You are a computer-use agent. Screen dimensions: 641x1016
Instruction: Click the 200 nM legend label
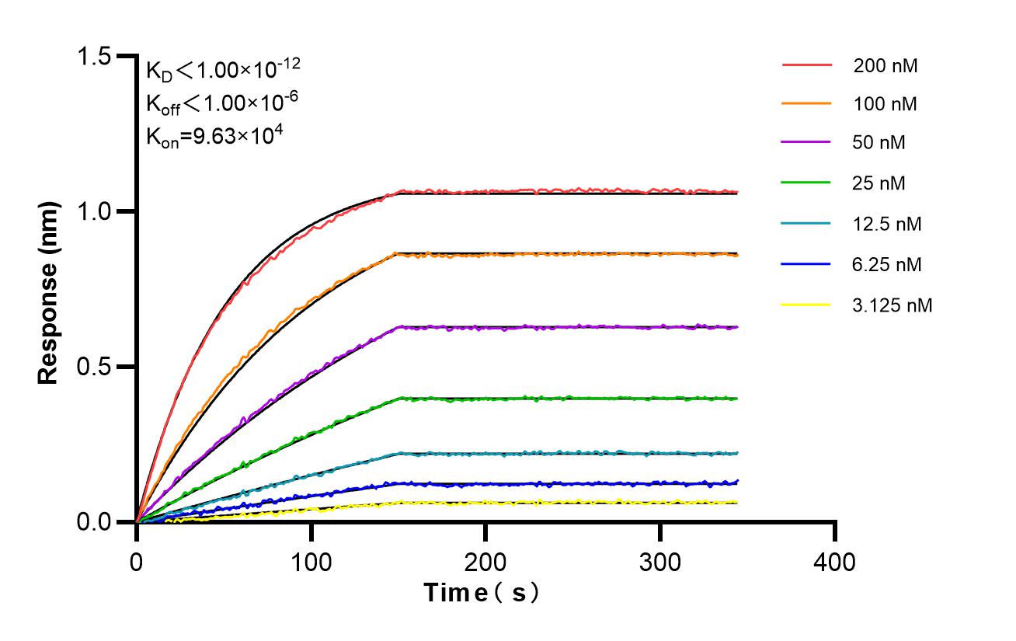(x=885, y=66)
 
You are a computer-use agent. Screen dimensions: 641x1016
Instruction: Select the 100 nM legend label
(x=885, y=104)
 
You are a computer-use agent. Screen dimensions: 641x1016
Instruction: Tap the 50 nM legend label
(x=879, y=143)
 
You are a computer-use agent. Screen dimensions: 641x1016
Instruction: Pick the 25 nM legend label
(x=879, y=183)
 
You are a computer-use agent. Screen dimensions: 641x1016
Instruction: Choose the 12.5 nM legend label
(x=887, y=225)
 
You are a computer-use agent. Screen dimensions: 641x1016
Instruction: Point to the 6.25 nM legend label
(x=887, y=265)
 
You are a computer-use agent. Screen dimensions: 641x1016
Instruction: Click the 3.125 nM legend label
(x=892, y=305)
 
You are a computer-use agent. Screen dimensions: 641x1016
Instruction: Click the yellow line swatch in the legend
(x=806, y=305)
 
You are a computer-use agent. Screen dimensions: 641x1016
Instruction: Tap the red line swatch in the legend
(x=806, y=65)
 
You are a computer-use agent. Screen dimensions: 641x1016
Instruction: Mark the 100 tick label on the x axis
(x=311, y=560)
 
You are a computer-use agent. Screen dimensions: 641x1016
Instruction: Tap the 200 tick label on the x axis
(x=485, y=560)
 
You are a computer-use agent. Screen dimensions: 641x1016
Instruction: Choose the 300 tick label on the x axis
(x=660, y=560)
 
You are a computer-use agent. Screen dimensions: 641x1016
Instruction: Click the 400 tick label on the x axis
(x=835, y=560)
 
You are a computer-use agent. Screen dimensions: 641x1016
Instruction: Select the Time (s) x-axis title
(x=482, y=594)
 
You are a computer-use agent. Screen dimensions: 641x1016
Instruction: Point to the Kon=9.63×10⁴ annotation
(x=214, y=136)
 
